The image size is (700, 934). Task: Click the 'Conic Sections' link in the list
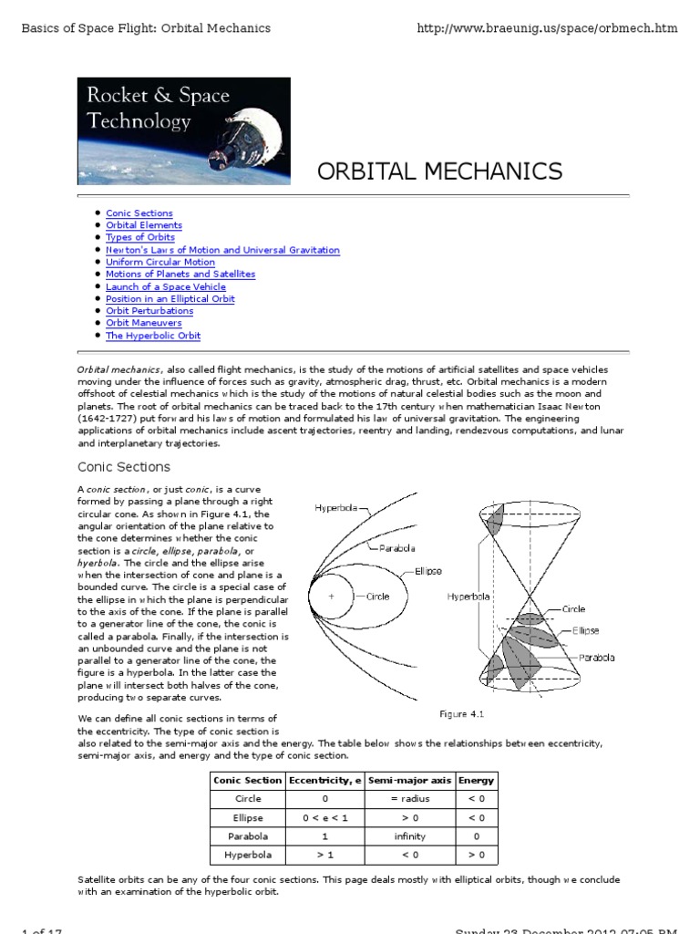(139, 213)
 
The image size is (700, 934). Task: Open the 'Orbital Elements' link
(144, 225)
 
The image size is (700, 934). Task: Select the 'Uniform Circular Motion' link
(160, 262)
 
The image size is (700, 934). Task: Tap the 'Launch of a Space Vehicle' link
(166, 286)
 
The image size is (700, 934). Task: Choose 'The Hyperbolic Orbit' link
(153, 336)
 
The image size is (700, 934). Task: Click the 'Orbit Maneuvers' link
(144, 323)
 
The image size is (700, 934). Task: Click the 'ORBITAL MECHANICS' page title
(439, 171)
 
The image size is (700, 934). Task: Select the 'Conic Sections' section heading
(124, 467)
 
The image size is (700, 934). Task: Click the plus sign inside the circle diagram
(332, 597)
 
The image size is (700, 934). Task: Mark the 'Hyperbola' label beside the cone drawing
(468, 597)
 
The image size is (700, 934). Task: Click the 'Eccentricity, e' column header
(324, 780)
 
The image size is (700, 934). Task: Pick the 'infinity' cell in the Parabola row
(409, 835)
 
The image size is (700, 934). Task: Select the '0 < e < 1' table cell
(324, 817)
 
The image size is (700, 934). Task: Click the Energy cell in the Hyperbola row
(476, 855)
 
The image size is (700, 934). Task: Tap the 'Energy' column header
(476, 780)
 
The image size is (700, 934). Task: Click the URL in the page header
(547, 28)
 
